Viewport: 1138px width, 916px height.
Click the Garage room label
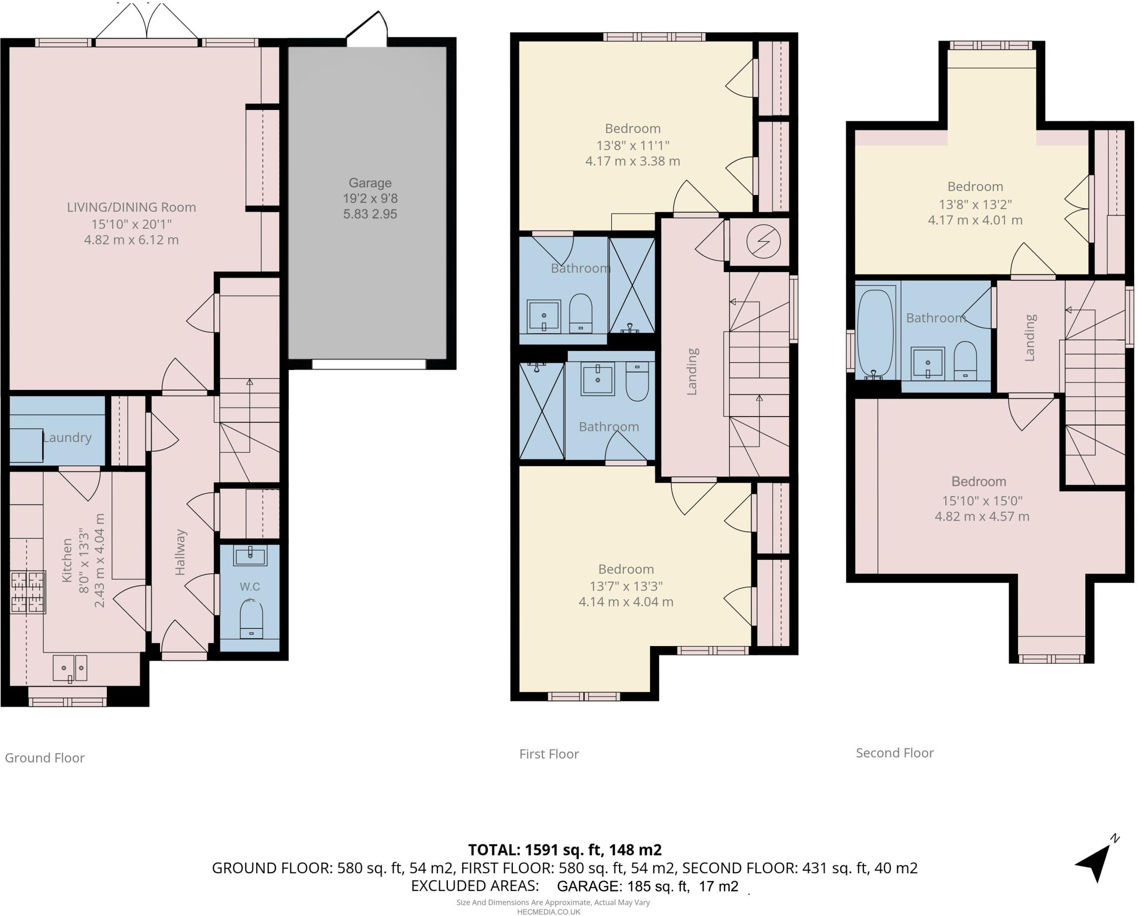click(370, 183)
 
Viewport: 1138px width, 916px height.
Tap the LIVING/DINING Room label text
click(132, 208)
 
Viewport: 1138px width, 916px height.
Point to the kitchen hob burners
click(28, 592)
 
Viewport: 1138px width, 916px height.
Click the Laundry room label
click(67, 438)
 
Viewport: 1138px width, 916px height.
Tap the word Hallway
click(180, 552)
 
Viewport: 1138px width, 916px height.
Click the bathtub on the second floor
click(876, 334)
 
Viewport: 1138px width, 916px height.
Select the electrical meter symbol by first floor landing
click(763, 242)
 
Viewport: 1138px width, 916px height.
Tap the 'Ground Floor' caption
click(44, 758)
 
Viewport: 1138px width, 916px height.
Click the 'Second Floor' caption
click(895, 753)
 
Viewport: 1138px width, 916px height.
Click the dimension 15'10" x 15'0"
click(982, 501)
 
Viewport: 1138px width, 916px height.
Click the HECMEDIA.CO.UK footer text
click(548, 912)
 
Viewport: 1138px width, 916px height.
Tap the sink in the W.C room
click(250, 554)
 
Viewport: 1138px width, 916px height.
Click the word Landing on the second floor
click(1030, 338)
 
